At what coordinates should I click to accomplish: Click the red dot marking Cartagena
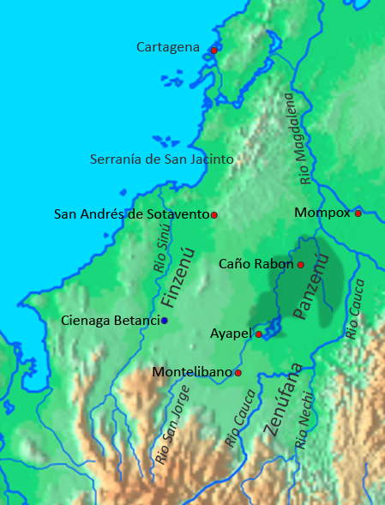(214, 50)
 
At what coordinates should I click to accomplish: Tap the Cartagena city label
(167, 46)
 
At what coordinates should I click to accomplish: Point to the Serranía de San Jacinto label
(162, 159)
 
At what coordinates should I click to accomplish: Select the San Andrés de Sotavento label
(131, 213)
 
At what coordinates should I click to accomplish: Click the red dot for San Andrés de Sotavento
(214, 214)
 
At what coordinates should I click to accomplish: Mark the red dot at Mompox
(358, 213)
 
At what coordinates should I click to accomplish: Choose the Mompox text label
(322, 212)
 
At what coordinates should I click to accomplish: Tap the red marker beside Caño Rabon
(301, 264)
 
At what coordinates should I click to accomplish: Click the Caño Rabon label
(256, 264)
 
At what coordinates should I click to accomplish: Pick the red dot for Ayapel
(259, 334)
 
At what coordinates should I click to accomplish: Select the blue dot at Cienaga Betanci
(165, 321)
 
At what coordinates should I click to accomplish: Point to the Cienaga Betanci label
(111, 321)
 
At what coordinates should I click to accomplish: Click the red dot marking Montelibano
(238, 373)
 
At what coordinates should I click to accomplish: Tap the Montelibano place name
(192, 372)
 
